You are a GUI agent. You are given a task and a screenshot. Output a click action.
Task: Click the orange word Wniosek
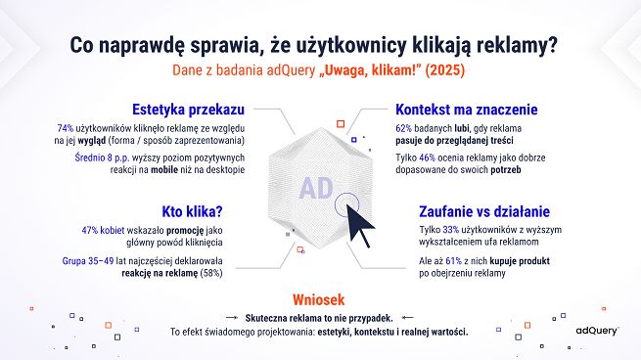[320, 299]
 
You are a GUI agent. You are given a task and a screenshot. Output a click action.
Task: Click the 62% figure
[403, 128]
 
